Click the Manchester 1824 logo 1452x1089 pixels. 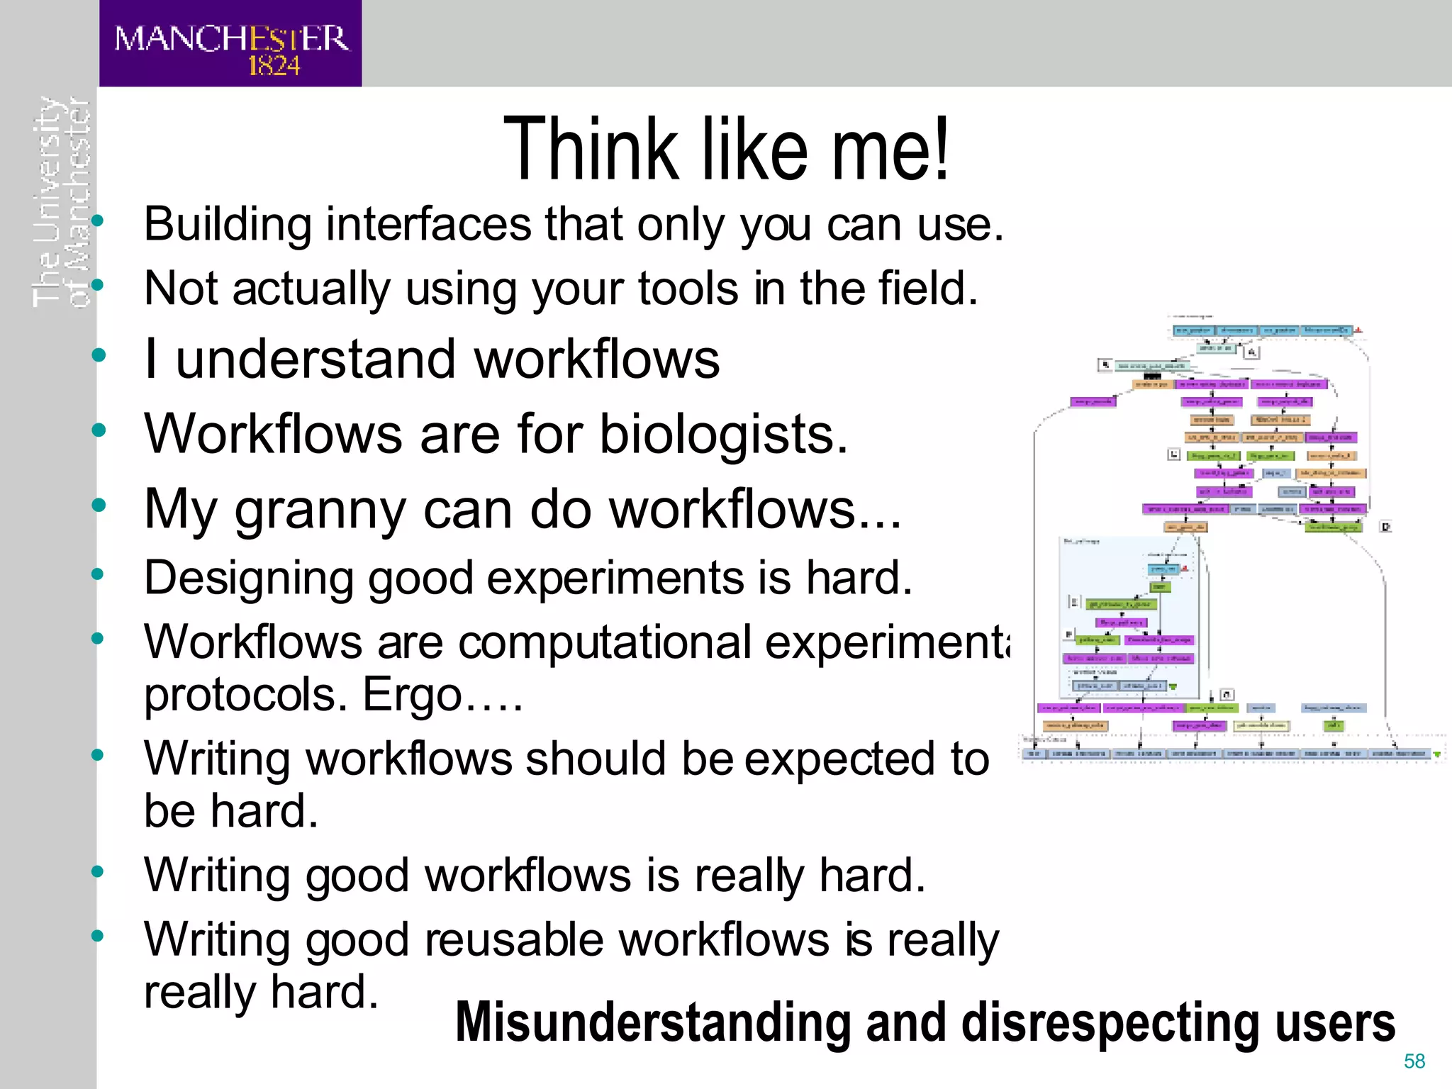pyautogui.click(x=230, y=44)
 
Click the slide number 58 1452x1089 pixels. pyautogui.click(x=1414, y=1061)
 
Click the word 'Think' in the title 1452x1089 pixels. pyautogui.click(x=591, y=150)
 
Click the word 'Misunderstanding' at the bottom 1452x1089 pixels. pyautogui.click(x=652, y=1022)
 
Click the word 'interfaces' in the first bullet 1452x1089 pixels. pyautogui.click(x=428, y=225)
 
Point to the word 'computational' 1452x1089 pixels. pyautogui.click(x=605, y=642)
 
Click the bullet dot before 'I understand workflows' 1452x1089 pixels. pyautogui.click(x=99, y=354)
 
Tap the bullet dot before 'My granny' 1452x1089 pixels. pyautogui.click(x=99, y=505)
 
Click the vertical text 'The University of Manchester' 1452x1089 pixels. pyautogui.click(x=62, y=202)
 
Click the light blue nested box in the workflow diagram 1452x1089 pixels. pyautogui.click(x=1130, y=617)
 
